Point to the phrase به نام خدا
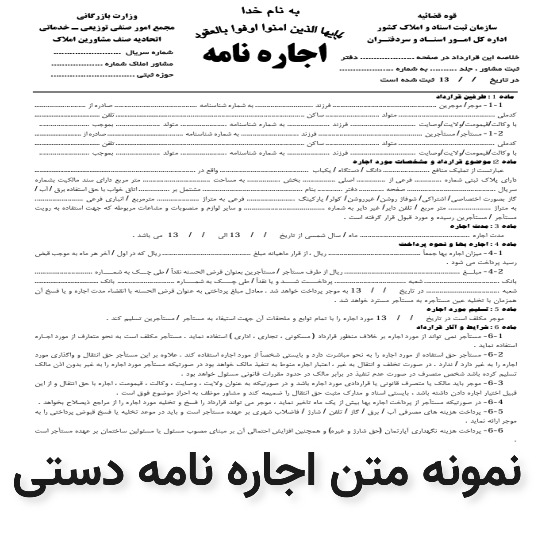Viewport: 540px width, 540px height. [x=267, y=13]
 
